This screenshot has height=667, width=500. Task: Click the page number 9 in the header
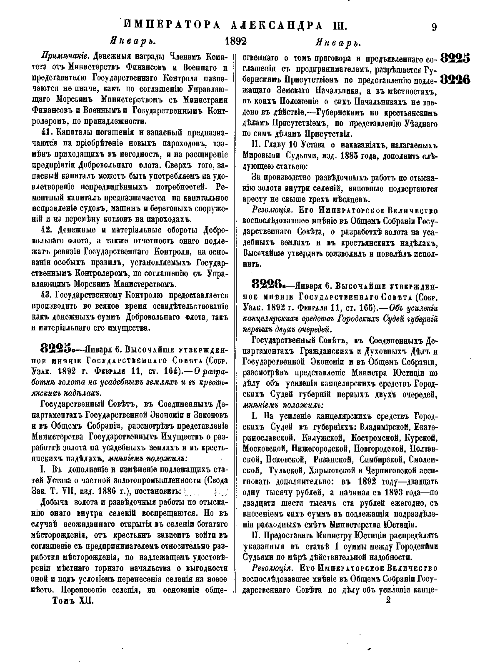[x=434, y=27]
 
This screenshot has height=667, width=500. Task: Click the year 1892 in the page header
[x=235, y=42]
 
